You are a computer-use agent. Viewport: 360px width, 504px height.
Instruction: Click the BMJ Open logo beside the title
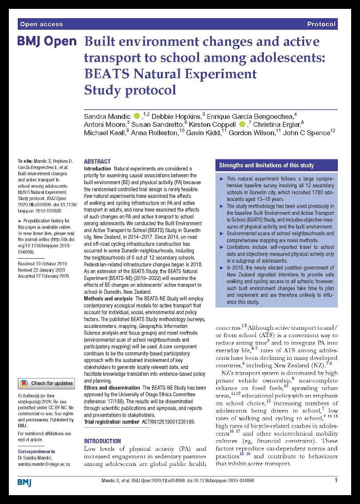47,42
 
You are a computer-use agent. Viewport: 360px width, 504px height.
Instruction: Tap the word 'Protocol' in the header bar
321,24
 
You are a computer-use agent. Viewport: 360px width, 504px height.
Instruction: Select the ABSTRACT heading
97,161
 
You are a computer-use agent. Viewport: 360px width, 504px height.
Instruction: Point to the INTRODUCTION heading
102,441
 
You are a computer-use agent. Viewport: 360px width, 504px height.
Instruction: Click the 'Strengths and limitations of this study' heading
266,165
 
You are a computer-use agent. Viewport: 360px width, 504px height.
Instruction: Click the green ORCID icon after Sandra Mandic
137,116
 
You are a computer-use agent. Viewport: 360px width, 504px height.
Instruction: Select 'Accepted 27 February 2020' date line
43,276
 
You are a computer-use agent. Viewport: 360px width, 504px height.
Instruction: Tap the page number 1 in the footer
336,480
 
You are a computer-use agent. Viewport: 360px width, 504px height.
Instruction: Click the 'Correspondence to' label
36,451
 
